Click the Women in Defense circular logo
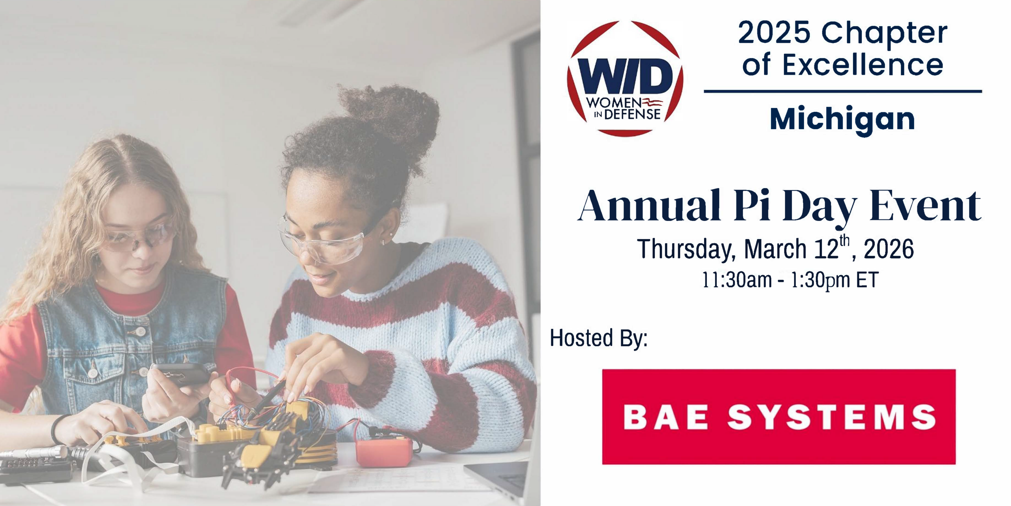(x=625, y=78)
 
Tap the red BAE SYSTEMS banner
(x=778, y=417)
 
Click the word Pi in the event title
(x=752, y=206)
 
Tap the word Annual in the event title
(x=648, y=206)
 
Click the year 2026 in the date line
(x=889, y=249)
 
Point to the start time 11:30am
(x=737, y=280)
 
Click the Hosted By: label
(x=599, y=338)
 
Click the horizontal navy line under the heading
(x=843, y=91)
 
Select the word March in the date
(x=775, y=249)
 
